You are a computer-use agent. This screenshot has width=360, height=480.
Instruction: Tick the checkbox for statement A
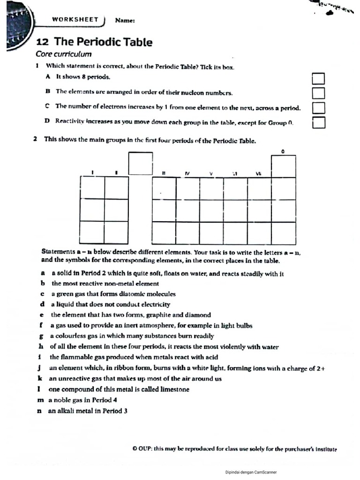pos(318,79)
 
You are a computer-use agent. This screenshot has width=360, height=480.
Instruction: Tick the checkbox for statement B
pos(318,93)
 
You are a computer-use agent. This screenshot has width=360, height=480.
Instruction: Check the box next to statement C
pos(318,108)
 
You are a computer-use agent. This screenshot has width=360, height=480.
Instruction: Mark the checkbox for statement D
pos(319,122)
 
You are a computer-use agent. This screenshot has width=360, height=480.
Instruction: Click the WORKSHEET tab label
pos(75,20)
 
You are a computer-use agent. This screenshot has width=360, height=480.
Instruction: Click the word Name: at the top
pos(125,21)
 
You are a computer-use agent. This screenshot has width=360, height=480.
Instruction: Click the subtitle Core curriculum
pos(64,54)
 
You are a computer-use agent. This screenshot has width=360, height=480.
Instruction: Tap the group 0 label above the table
pos(283,151)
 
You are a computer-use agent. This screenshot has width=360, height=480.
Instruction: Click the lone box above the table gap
pos(141,163)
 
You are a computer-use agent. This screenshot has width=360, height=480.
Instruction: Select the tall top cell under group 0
pos(283,166)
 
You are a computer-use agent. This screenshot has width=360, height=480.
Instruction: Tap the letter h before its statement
pos(41,347)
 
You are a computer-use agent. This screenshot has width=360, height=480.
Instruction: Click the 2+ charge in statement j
pos(321,368)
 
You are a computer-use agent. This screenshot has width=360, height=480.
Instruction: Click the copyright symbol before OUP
pos(135,449)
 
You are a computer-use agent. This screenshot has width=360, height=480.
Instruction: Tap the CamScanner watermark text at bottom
pos(251,472)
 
